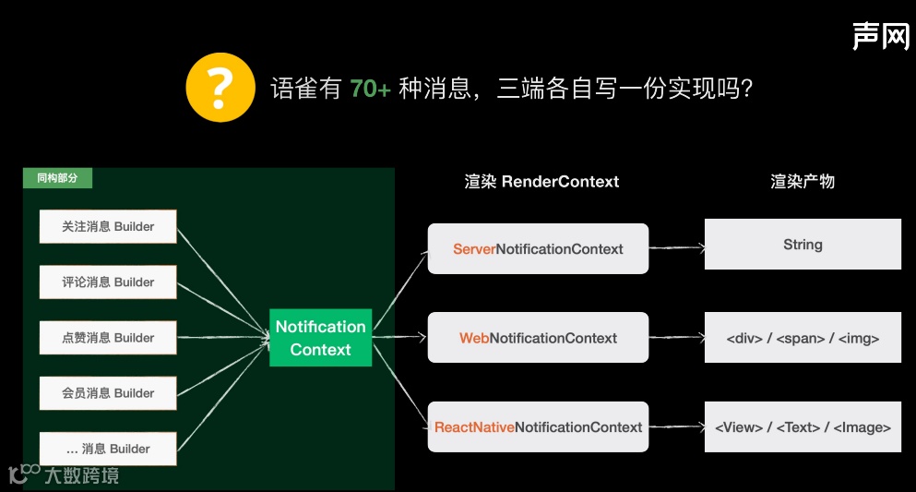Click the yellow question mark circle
[x=220, y=88]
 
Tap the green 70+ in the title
[x=370, y=90]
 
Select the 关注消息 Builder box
[x=108, y=226]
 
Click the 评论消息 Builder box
[x=108, y=282]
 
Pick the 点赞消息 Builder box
[x=108, y=338]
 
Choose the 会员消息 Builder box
[x=108, y=393]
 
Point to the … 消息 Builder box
[x=108, y=449]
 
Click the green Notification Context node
[x=320, y=338]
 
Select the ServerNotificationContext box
[x=538, y=248]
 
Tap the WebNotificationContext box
[x=538, y=338]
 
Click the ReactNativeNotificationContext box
[x=538, y=427]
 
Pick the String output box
[x=803, y=245]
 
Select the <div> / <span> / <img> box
[x=803, y=338]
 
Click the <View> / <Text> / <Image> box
[x=803, y=427]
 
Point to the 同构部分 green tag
[x=57, y=178]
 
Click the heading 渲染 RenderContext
[x=541, y=182]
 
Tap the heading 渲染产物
[x=803, y=182]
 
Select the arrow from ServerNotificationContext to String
[x=676, y=247]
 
